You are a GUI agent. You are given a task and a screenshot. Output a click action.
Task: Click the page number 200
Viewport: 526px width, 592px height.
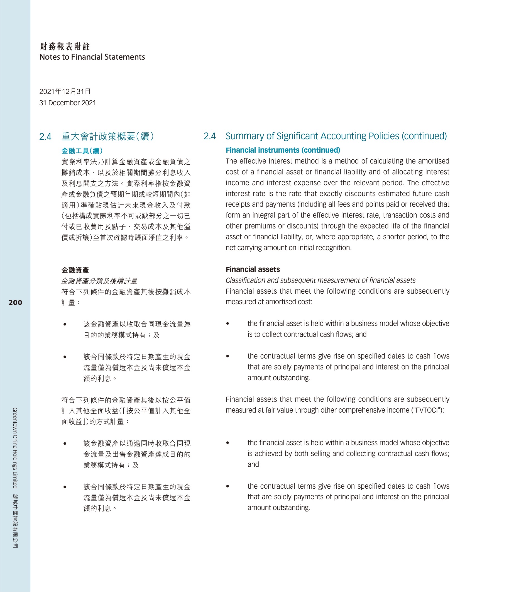tap(15, 303)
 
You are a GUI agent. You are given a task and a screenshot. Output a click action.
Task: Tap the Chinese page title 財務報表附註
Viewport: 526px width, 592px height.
tap(65, 46)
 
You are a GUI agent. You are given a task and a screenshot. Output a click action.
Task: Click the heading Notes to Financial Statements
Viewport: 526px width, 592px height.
tap(92, 57)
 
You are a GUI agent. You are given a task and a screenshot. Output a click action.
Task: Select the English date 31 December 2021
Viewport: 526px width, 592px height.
tap(67, 103)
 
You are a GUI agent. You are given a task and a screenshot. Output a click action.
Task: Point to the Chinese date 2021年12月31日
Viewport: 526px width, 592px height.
tap(65, 92)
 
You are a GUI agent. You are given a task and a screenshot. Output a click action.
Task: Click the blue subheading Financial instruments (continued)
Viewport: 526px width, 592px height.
tap(283, 150)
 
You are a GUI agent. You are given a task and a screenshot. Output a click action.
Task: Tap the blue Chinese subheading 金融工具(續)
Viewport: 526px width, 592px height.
tap(82, 151)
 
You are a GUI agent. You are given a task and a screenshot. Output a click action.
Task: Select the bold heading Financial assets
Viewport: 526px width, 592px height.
tap(253, 269)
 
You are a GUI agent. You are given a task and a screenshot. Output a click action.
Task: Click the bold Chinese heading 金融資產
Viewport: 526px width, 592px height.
tap(75, 270)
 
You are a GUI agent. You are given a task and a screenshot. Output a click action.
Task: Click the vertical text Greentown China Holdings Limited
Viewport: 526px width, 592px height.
tap(15, 448)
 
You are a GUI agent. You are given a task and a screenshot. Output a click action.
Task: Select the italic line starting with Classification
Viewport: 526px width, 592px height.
tap(321, 280)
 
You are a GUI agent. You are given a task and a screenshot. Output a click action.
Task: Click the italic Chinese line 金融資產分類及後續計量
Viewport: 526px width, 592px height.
tap(99, 281)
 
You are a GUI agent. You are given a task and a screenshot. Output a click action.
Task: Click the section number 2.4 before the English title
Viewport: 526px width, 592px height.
tap(210, 136)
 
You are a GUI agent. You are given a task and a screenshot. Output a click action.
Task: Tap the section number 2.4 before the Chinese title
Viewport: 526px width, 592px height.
tap(45, 137)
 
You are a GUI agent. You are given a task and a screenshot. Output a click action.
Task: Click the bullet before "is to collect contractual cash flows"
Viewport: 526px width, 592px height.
tap(227, 323)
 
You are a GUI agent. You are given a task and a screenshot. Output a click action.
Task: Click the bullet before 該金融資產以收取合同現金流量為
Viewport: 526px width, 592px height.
tap(65, 324)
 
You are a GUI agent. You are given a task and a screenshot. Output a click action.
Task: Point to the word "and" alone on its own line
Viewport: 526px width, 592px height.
tap(253, 464)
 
